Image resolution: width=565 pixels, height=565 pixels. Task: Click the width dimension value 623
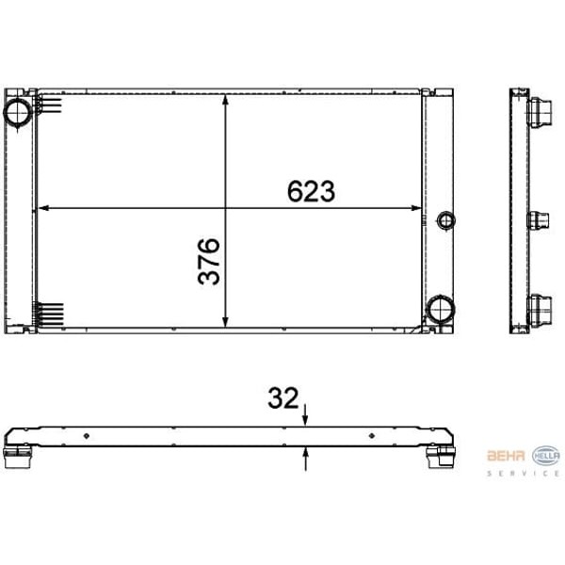[311, 191]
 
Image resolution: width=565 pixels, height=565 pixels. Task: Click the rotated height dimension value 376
[209, 261]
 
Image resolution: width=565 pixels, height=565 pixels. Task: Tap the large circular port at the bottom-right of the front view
[439, 308]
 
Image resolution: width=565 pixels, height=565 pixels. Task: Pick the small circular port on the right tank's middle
[446, 221]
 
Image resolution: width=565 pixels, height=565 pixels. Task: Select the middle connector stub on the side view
[538, 221]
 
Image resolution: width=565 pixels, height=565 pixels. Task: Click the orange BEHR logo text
[507, 456]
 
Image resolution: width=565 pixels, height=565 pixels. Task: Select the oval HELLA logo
[546, 455]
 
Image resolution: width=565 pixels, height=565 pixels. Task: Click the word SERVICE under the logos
[523, 474]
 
